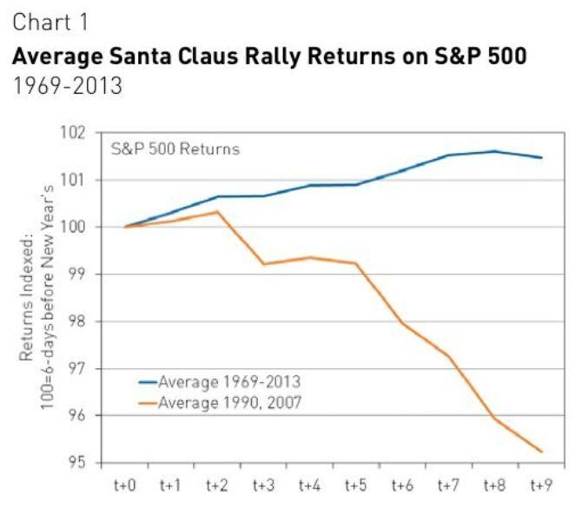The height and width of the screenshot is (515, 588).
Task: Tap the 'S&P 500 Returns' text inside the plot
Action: coord(175,149)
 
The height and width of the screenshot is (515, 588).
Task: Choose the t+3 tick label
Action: coord(264,487)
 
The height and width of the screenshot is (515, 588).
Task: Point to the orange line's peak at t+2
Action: coord(217,212)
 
